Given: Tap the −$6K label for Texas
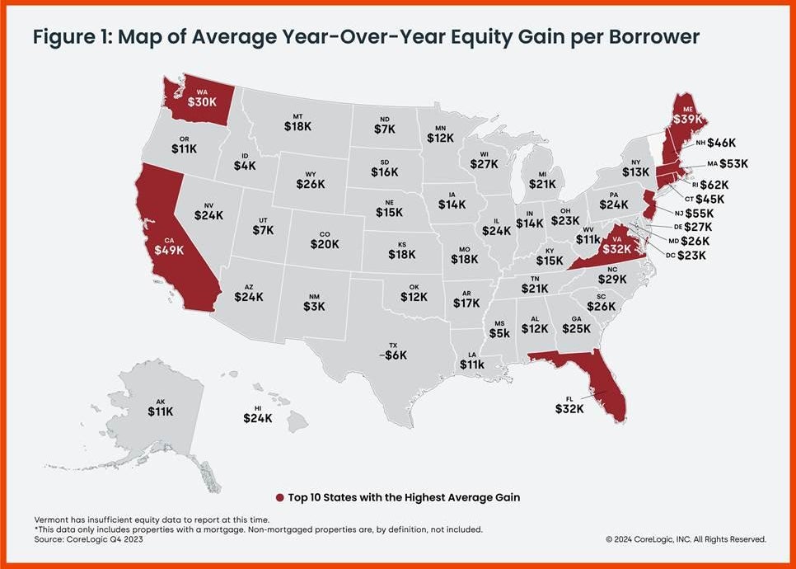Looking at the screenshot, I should pyautogui.click(x=392, y=355).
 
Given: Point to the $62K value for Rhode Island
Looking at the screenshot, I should pyautogui.click(x=714, y=185).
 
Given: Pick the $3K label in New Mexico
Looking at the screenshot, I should pyautogui.click(x=314, y=305).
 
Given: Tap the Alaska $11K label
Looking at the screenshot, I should pyautogui.click(x=160, y=411).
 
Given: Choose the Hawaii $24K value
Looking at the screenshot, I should pyautogui.click(x=258, y=418).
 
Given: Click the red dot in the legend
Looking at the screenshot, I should pyautogui.click(x=279, y=497).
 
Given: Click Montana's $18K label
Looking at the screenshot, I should pyautogui.click(x=297, y=126).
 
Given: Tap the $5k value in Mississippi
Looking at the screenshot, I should pyautogui.click(x=499, y=333).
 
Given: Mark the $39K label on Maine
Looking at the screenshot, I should pyautogui.click(x=688, y=118).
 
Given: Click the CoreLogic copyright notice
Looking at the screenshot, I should pyautogui.click(x=686, y=539).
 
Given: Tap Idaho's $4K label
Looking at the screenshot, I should pyautogui.click(x=245, y=165).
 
